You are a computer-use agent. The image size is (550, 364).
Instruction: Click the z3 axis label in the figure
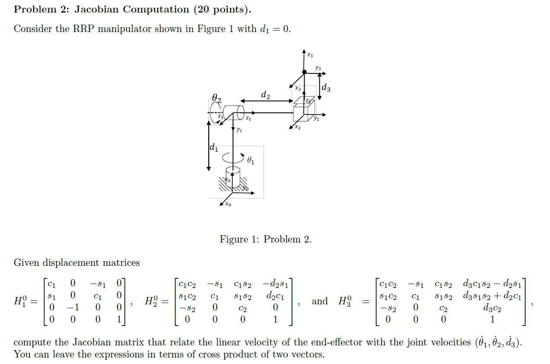click(310, 55)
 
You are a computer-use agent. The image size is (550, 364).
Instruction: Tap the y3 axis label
click(318, 68)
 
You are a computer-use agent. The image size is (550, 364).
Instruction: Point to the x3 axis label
click(298, 88)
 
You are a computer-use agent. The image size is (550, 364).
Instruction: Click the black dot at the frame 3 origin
click(304, 72)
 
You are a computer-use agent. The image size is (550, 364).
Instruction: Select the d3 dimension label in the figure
click(327, 89)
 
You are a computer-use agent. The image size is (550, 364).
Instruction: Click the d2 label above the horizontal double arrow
click(266, 95)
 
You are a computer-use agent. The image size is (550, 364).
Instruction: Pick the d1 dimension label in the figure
click(214, 148)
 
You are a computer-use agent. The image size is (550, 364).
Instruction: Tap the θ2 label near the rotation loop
click(216, 99)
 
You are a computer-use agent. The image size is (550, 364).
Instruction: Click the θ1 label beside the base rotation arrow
click(251, 160)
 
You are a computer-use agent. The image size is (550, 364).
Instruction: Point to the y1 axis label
click(239, 129)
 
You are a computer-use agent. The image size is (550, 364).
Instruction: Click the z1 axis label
click(248, 118)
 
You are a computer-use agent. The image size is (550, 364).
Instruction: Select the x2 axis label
click(297, 128)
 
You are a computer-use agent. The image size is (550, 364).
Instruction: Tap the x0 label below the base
click(228, 204)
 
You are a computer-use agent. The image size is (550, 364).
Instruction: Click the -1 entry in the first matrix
click(73, 307)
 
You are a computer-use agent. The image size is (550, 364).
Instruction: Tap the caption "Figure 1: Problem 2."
click(265, 239)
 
